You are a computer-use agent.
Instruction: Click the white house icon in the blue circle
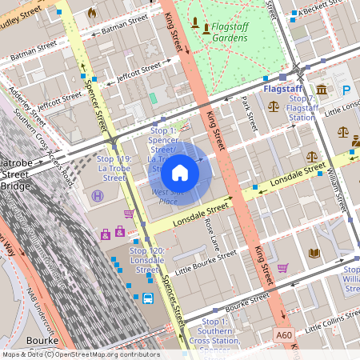point(180,171)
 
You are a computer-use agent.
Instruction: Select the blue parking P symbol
point(347,92)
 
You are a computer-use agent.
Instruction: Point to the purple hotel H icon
point(98,196)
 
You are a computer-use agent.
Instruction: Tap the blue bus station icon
point(148,299)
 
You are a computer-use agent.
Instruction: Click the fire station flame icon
point(92,13)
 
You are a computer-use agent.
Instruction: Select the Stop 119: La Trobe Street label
point(113,174)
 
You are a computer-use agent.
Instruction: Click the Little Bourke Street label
point(206,259)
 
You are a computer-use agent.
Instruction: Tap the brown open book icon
point(314,253)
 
